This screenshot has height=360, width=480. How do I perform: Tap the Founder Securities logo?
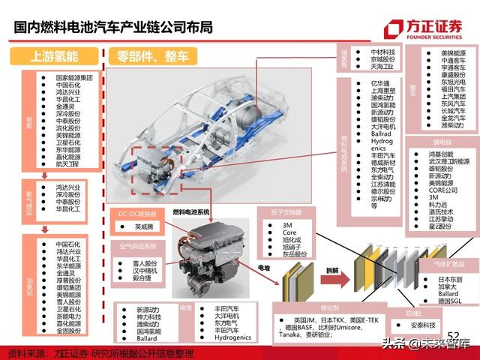coord(424,28)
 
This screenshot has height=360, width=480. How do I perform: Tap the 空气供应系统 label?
coord(139,245)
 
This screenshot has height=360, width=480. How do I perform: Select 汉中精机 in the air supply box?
coord(145,269)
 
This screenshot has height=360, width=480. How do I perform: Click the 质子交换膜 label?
coord(286,211)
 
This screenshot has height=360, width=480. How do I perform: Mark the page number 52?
coord(452,334)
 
